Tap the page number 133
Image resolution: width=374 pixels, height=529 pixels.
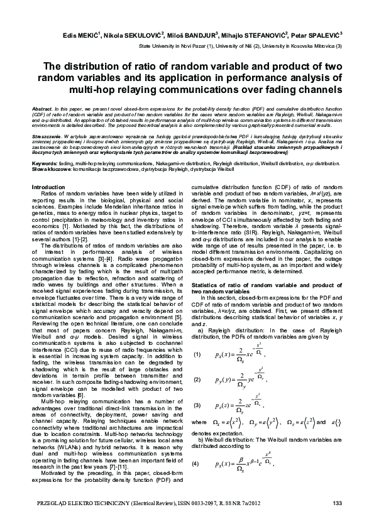(336, 502)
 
